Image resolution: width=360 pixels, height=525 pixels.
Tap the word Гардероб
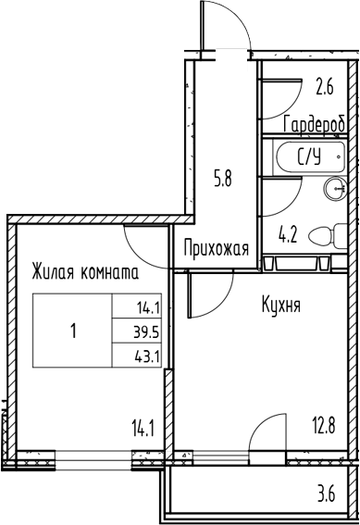coord(315,124)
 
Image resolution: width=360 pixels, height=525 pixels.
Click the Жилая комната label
coord(84,273)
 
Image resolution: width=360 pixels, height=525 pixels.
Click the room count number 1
coord(73,331)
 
